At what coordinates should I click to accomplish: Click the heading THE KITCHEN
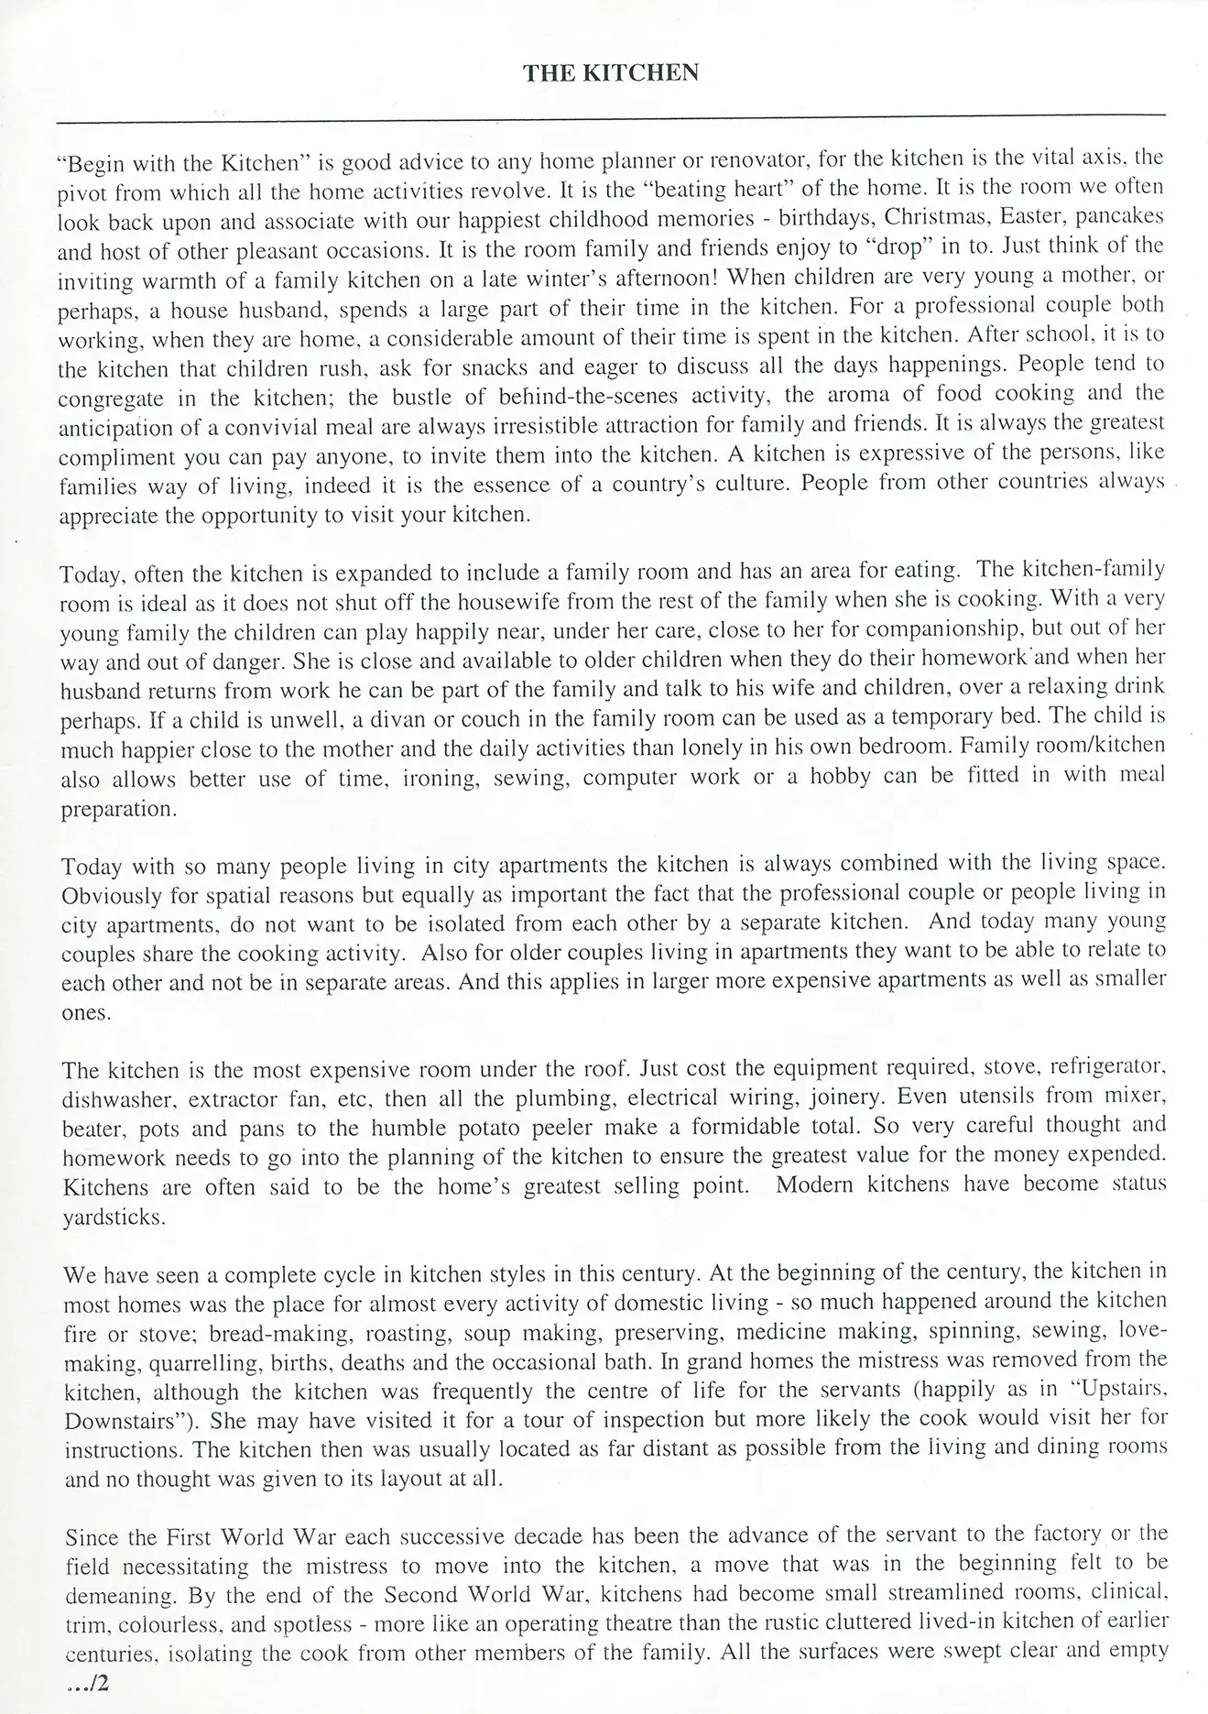click(611, 73)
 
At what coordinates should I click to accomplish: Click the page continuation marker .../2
click(87, 1684)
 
